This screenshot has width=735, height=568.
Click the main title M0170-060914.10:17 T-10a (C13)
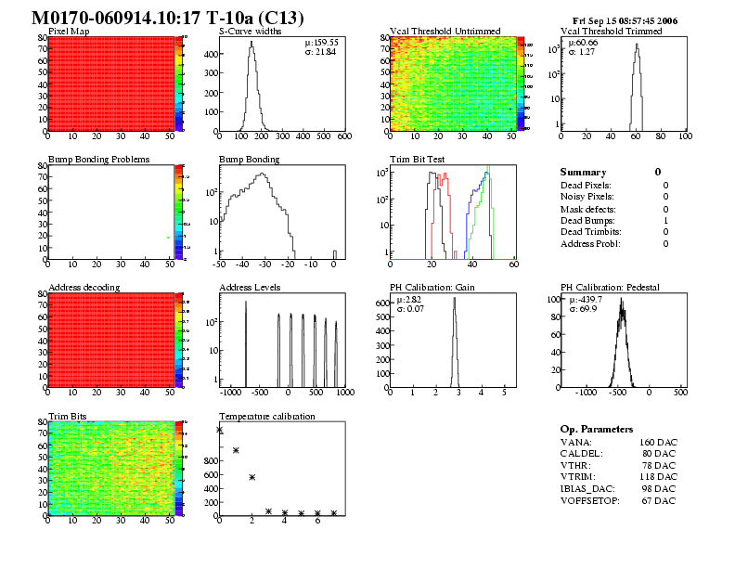point(167,18)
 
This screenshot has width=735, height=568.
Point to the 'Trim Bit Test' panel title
point(417,160)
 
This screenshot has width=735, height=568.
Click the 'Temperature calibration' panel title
point(267,416)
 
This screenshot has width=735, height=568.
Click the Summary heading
point(583,173)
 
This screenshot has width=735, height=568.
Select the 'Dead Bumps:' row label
point(587,221)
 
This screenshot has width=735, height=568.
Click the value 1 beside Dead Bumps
point(665,221)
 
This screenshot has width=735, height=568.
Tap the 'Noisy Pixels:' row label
point(587,197)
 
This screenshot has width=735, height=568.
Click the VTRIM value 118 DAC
point(657,477)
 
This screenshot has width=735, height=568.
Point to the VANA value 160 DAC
point(657,442)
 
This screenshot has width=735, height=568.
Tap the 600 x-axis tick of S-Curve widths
point(343,136)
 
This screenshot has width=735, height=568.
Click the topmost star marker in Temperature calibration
point(220,430)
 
